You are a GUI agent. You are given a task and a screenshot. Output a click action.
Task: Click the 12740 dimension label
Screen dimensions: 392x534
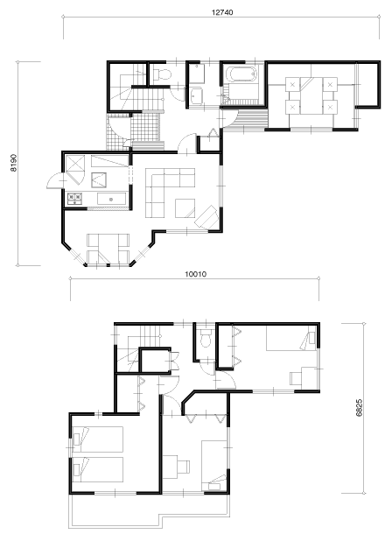pos(222,12)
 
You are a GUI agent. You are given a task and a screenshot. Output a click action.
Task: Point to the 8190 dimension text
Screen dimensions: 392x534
pos(14,163)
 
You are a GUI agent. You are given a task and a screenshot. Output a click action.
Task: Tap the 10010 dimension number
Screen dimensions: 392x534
pos(195,274)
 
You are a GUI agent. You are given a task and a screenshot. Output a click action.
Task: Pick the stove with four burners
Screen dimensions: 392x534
pos(74,198)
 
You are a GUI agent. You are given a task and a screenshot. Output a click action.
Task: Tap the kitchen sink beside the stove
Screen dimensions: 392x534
pos(111,199)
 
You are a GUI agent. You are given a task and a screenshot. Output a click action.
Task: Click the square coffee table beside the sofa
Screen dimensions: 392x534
pos(185,208)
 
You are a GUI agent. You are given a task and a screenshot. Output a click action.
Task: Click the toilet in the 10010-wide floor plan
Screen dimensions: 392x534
pos(205,338)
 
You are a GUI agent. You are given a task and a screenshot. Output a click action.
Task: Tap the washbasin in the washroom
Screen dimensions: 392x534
pos(196,95)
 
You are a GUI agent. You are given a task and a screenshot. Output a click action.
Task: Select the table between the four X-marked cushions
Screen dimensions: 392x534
pos(311,95)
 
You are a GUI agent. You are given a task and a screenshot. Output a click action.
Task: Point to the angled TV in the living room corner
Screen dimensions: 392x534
pos(206,216)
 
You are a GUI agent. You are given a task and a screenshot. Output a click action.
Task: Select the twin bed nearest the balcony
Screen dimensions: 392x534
pos(97,469)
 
